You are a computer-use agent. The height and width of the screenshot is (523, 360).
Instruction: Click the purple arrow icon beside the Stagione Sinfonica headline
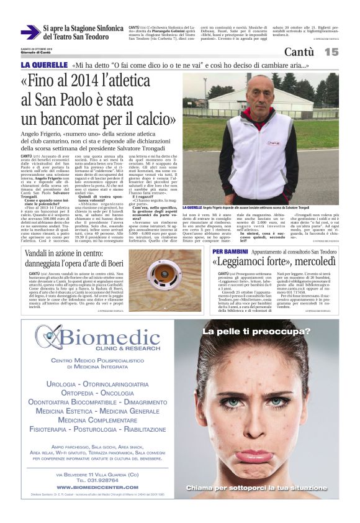tap(30, 33)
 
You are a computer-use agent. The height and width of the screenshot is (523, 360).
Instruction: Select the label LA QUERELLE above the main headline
tap(44, 65)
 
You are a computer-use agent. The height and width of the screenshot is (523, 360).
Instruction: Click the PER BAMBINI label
tap(232, 251)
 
